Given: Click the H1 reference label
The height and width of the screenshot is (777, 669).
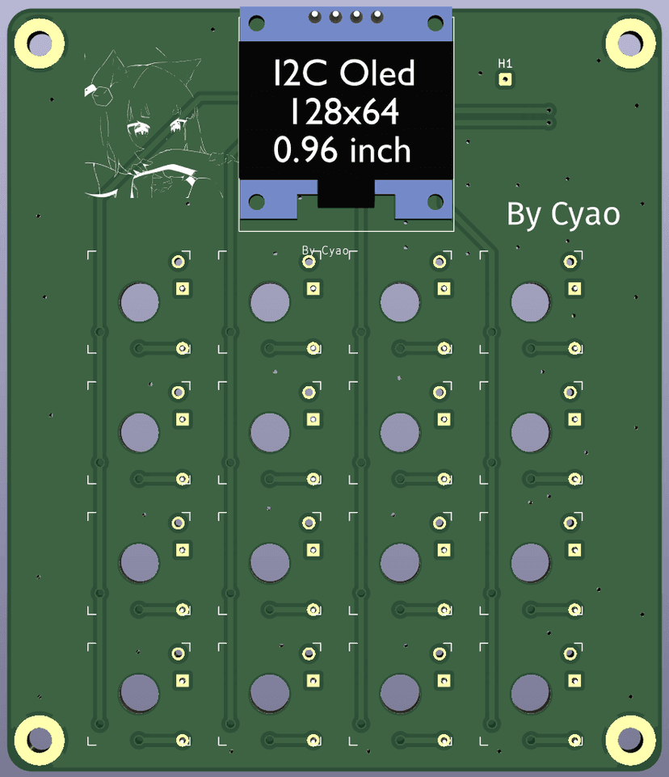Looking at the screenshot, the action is (x=505, y=64).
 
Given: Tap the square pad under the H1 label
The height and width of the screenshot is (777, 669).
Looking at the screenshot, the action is (x=505, y=79).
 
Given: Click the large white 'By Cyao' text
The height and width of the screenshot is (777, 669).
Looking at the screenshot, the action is (x=563, y=215).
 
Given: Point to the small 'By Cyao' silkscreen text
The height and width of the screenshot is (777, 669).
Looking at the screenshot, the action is (x=326, y=250).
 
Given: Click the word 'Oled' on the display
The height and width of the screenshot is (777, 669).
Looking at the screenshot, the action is (x=377, y=73).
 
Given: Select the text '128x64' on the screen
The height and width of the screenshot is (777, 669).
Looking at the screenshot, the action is (x=344, y=111).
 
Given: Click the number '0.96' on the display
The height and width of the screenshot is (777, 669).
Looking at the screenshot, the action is (x=307, y=150).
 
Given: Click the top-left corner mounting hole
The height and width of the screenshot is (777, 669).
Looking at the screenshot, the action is (x=40, y=44).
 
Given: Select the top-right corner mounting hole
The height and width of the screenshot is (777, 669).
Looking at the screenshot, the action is (x=630, y=44).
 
